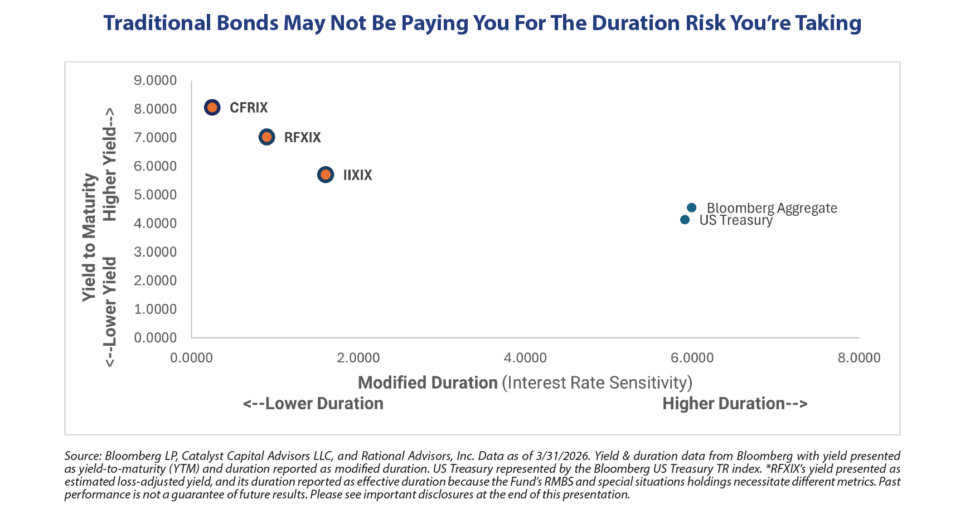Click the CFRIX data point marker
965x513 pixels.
[x=212, y=107]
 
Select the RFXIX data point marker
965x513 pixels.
[x=267, y=137]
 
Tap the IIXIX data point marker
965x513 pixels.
[x=326, y=175]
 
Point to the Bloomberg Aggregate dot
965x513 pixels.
[x=691, y=207]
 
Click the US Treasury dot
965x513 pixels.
[x=685, y=220]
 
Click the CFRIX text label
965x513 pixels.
[x=249, y=108]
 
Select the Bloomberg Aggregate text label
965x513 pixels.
[x=772, y=208]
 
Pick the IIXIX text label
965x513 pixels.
[x=357, y=175]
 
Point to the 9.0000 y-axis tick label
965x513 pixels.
[x=155, y=80]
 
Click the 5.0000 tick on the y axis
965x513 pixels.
[x=155, y=195]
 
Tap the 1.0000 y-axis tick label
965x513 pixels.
[x=155, y=309]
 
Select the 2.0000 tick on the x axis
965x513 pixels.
[x=358, y=357]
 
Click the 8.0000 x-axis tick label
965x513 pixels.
[x=859, y=357]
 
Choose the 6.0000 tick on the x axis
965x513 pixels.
[x=692, y=357]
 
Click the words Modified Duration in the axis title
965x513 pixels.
[x=428, y=383]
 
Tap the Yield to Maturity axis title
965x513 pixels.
[x=89, y=238]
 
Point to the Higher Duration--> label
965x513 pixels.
[x=735, y=403]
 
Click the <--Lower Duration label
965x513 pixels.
[x=313, y=403]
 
